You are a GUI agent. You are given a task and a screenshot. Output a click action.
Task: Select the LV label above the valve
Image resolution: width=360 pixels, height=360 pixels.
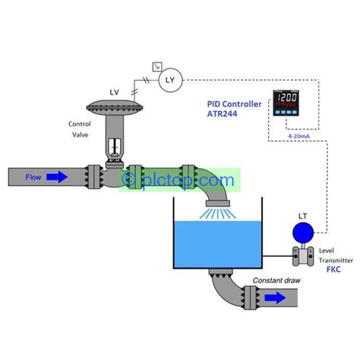(x=115, y=92)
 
